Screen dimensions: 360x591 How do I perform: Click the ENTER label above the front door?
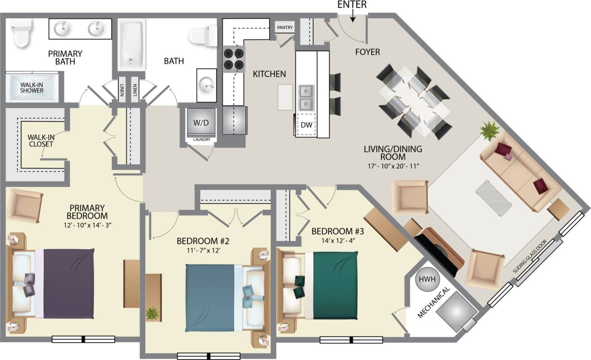pyautogui.click(x=352, y=5)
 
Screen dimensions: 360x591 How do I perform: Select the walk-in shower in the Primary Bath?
pyautogui.click(x=32, y=87)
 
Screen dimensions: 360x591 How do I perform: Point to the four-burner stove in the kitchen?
pyautogui.click(x=234, y=60)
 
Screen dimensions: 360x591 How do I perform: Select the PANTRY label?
pyautogui.click(x=285, y=28)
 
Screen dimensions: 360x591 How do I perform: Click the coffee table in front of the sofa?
pyautogui.click(x=495, y=198)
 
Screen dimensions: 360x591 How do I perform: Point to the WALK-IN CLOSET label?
pyautogui.click(x=41, y=140)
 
